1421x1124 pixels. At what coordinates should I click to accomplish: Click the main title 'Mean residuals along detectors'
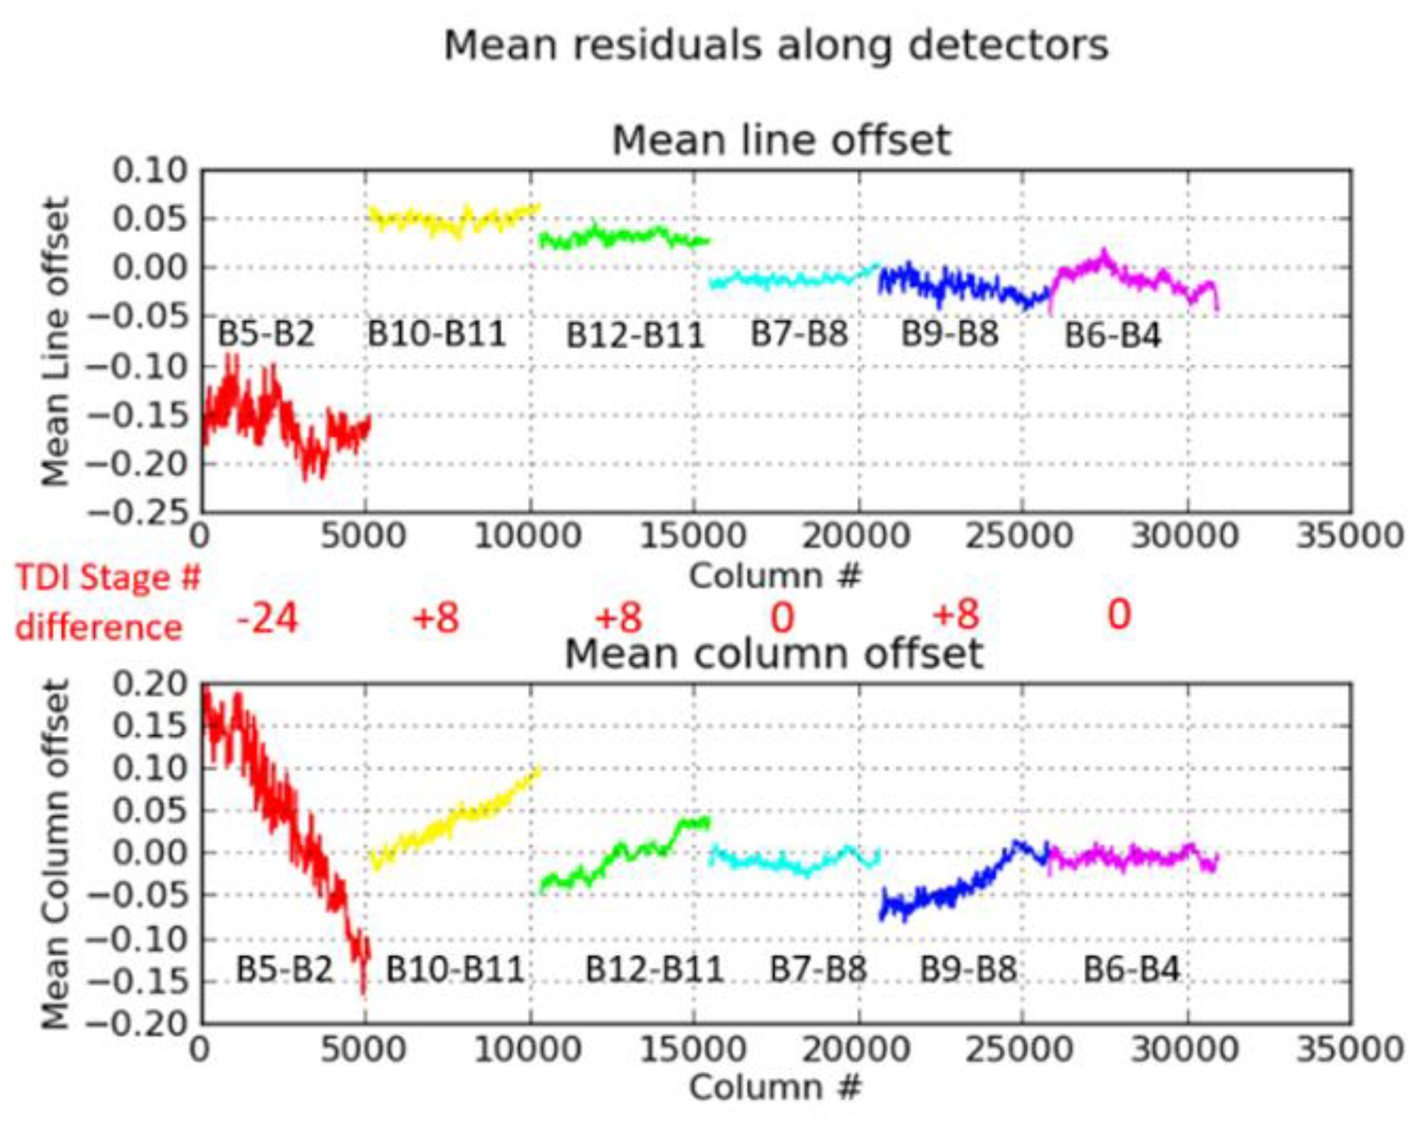coord(776,46)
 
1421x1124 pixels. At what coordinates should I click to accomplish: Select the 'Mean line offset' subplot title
coord(781,141)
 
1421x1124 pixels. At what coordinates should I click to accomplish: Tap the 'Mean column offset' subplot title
coord(774,654)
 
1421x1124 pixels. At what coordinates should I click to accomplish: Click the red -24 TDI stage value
coord(267,618)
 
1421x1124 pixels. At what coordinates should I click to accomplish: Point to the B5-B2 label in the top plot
coord(266,334)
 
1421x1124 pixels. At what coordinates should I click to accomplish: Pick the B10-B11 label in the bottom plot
coord(455,969)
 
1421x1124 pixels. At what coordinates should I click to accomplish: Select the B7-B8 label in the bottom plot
coord(818,969)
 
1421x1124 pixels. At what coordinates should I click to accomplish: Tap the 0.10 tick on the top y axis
coord(151,171)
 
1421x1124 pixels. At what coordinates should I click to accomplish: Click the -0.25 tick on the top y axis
coord(138,512)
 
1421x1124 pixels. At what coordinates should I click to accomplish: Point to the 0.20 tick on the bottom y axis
coord(151,684)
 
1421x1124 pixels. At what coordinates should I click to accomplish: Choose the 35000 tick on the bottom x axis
coord(1350,1049)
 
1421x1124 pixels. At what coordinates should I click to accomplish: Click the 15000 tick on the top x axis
coord(693,536)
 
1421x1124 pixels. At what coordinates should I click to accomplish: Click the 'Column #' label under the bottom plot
coord(775,1088)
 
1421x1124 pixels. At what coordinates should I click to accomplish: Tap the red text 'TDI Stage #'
coord(108,577)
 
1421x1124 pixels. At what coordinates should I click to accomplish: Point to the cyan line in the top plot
coord(787,280)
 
